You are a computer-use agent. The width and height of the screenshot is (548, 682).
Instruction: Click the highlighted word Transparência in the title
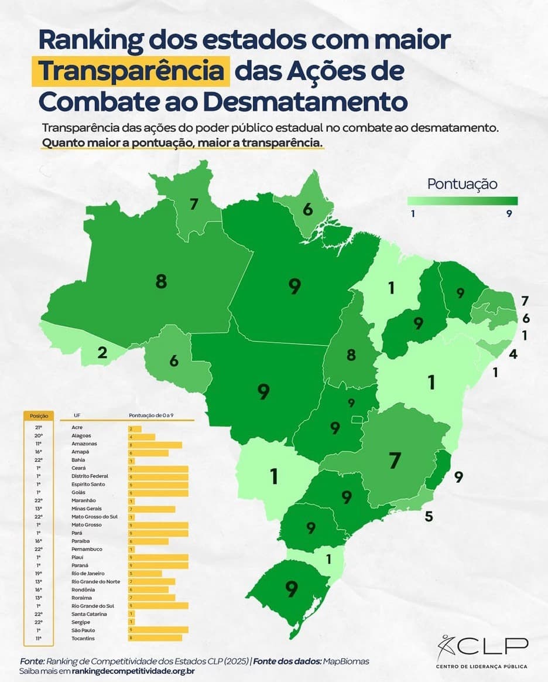coord(132,71)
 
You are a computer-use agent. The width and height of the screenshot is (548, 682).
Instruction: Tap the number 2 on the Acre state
coord(102,352)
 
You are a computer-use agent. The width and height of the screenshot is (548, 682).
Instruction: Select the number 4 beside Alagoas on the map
coord(512,354)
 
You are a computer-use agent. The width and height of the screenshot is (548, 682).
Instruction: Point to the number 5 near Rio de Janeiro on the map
coord(429,516)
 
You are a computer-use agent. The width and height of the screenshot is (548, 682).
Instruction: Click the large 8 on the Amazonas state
coord(161,282)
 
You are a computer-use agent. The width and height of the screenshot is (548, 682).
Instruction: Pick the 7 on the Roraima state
coord(194,204)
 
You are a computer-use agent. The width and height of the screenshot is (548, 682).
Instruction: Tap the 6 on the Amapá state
coord(307,209)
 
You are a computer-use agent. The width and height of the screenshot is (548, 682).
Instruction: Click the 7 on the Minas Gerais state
coord(395,461)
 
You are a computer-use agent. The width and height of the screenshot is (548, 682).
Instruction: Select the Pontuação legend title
coord(462,184)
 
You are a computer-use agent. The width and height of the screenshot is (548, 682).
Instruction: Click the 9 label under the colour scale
coord(509,214)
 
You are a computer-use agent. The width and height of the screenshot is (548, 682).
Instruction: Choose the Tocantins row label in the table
coord(83,637)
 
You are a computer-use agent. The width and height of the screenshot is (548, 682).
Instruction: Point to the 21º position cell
coord(38,428)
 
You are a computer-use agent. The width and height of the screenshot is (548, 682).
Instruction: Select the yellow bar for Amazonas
coord(155,445)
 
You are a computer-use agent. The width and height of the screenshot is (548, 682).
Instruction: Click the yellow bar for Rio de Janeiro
coord(145,573)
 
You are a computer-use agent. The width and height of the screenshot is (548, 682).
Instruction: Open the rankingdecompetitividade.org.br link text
coord(133,670)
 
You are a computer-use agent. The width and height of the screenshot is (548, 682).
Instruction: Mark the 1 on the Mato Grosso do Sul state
coord(273,476)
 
